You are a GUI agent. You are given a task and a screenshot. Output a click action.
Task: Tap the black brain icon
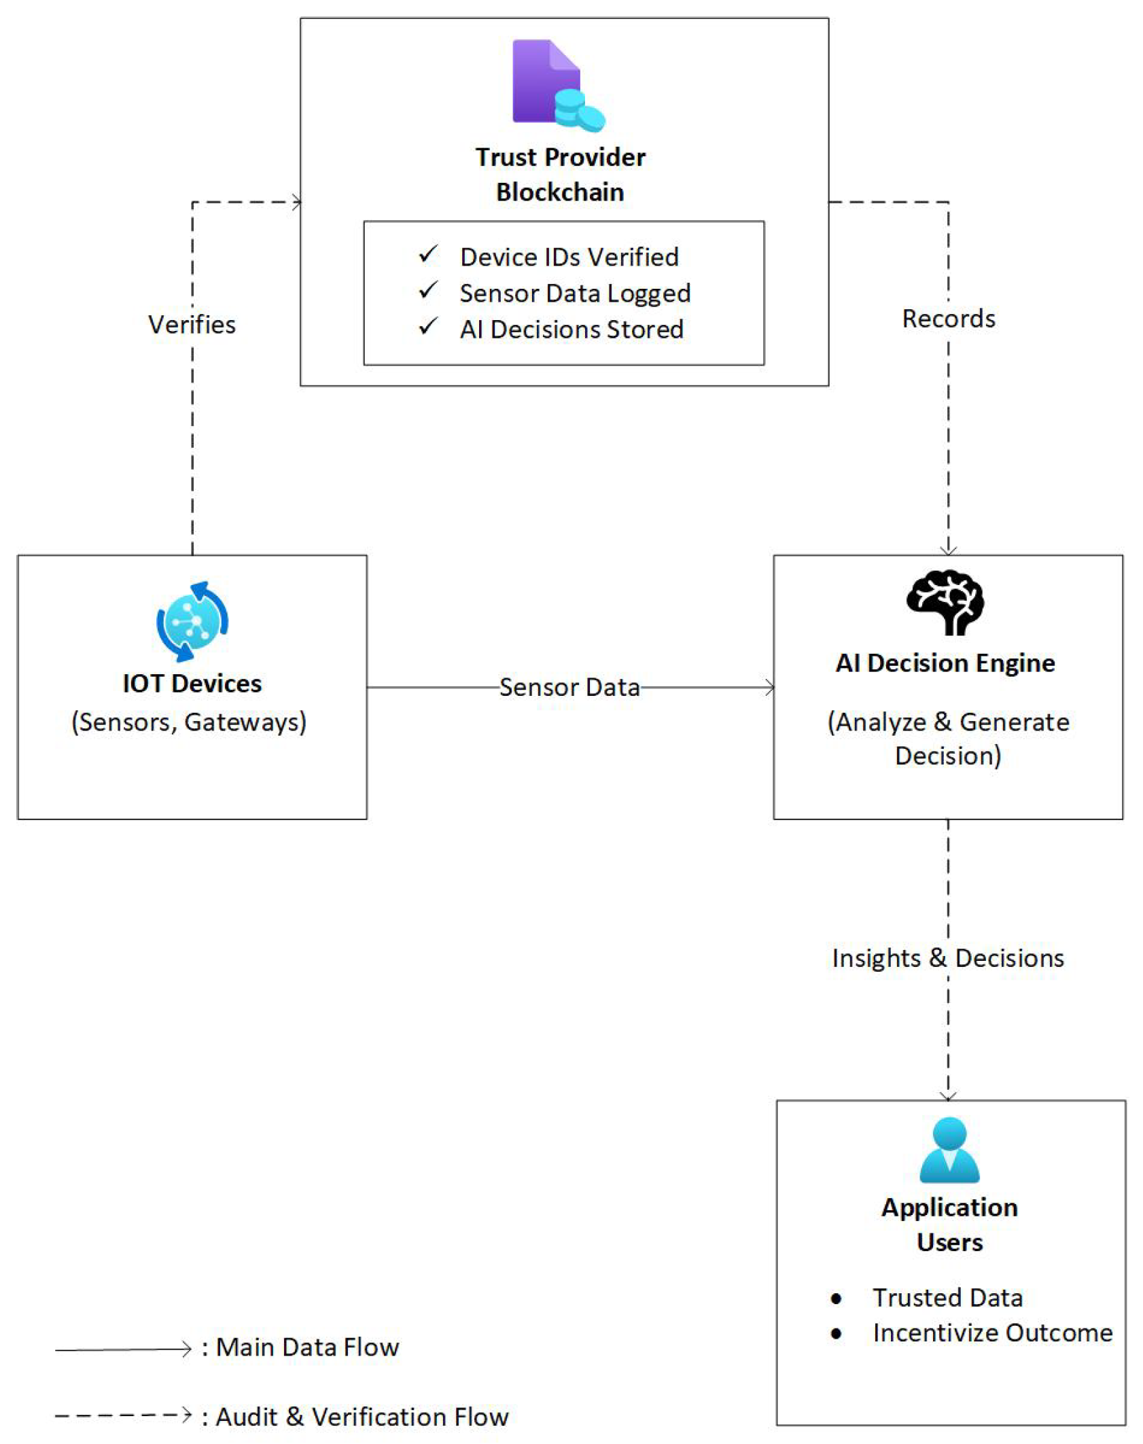pyautogui.click(x=945, y=602)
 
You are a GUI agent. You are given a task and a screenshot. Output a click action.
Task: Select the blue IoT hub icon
pyautogui.click(x=192, y=621)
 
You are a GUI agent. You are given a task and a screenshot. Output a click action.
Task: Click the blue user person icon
pyautogui.click(x=949, y=1150)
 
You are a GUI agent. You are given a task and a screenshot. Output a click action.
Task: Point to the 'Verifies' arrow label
pyautogui.click(x=192, y=325)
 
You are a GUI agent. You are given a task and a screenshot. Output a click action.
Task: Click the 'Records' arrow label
pyautogui.click(x=949, y=319)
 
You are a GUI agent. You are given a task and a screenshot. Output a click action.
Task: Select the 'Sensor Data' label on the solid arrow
pyautogui.click(x=569, y=687)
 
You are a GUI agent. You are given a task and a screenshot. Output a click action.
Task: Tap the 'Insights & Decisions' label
pyautogui.click(x=948, y=957)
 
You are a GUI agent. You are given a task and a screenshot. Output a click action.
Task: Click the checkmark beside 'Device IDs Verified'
pyautogui.click(x=428, y=255)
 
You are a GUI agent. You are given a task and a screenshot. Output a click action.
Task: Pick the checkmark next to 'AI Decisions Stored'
pyautogui.click(x=428, y=327)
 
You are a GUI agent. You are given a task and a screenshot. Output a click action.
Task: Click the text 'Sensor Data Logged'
pyautogui.click(x=575, y=293)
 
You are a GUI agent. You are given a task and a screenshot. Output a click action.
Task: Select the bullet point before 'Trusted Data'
pyautogui.click(x=836, y=1299)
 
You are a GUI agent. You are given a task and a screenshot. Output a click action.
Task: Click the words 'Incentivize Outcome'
pyautogui.click(x=992, y=1333)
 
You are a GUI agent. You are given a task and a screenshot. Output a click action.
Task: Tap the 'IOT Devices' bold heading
pyautogui.click(x=192, y=684)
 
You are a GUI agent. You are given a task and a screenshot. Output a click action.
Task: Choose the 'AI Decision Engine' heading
pyautogui.click(x=945, y=663)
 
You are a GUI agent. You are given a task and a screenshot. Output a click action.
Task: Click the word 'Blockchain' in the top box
pyautogui.click(x=560, y=192)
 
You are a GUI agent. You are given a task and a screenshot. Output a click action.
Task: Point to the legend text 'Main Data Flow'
pyautogui.click(x=307, y=1347)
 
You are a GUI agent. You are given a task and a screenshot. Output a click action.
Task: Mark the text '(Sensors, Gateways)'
pyautogui.click(x=189, y=722)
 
